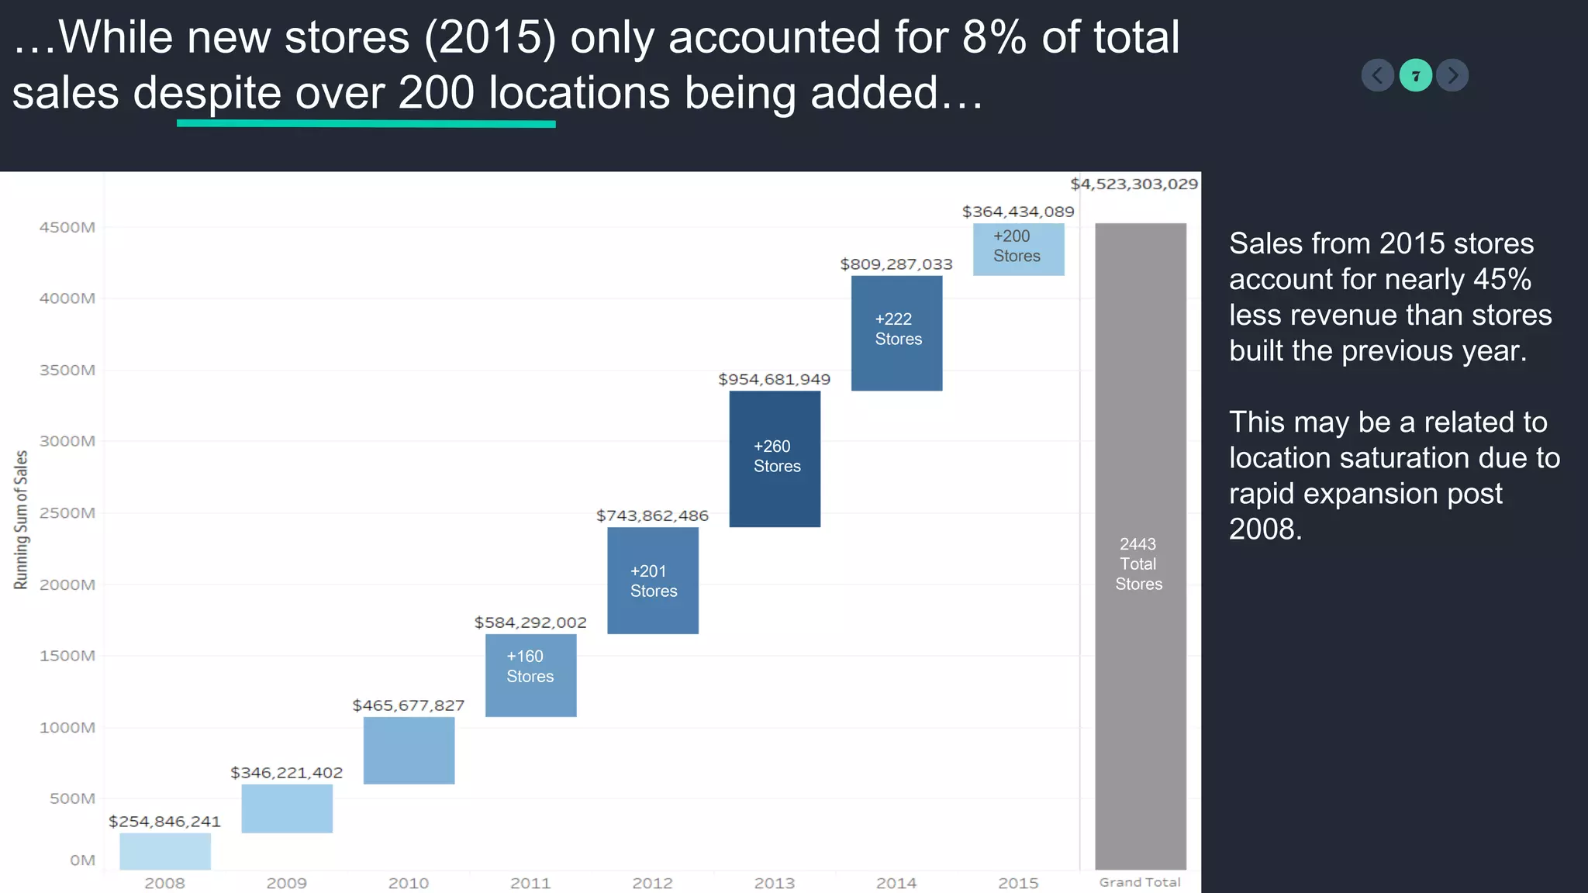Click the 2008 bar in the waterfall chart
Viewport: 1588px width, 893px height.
pyautogui.click(x=165, y=851)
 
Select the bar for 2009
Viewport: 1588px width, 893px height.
pyautogui.click(x=287, y=809)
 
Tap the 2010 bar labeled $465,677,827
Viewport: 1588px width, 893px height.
pyautogui.click(x=409, y=750)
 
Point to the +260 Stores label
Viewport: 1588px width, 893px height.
pyautogui.click(x=776, y=457)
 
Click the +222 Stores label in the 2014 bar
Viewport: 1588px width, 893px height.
pyautogui.click(x=898, y=329)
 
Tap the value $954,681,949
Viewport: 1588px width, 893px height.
pyautogui.click(x=774, y=380)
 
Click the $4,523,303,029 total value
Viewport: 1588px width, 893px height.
pyautogui.click(x=1134, y=184)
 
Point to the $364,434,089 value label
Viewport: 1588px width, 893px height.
pyautogui.click(x=1017, y=212)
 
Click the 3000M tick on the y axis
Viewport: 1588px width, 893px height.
pyautogui.click(x=67, y=441)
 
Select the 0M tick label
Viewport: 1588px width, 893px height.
pyautogui.click(x=82, y=860)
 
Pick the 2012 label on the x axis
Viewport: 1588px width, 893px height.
pyautogui.click(x=652, y=883)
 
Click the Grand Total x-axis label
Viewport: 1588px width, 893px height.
pyautogui.click(x=1139, y=882)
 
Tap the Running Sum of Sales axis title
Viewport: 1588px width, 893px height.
pyautogui.click(x=21, y=519)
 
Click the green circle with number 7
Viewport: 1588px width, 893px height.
pyautogui.click(x=1415, y=75)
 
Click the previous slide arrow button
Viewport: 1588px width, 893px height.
pyautogui.click(x=1377, y=75)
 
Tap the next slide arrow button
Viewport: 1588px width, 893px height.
pyautogui.click(x=1452, y=75)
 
